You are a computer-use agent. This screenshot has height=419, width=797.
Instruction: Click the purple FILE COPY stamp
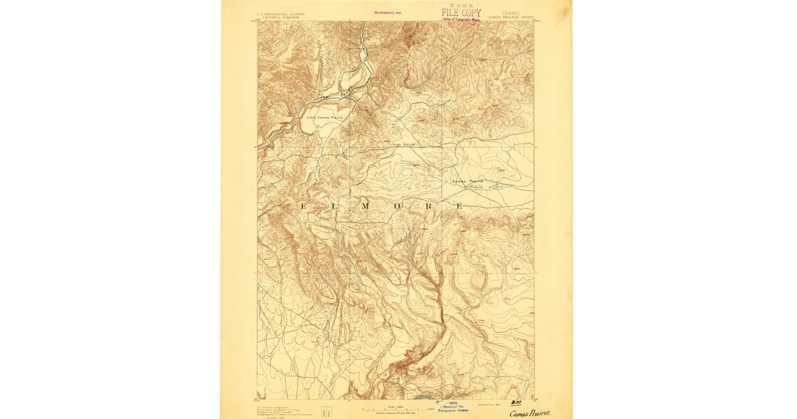pos(461,13)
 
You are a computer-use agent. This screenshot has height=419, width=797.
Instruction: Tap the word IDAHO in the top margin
pos(511,12)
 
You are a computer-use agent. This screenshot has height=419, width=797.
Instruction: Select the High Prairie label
pos(404,144)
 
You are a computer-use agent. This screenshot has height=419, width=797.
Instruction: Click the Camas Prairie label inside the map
pos(468,181)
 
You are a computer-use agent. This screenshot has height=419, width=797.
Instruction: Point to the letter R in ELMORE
pos(428,207)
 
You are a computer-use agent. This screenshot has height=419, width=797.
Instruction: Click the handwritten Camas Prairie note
pos(529,413)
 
